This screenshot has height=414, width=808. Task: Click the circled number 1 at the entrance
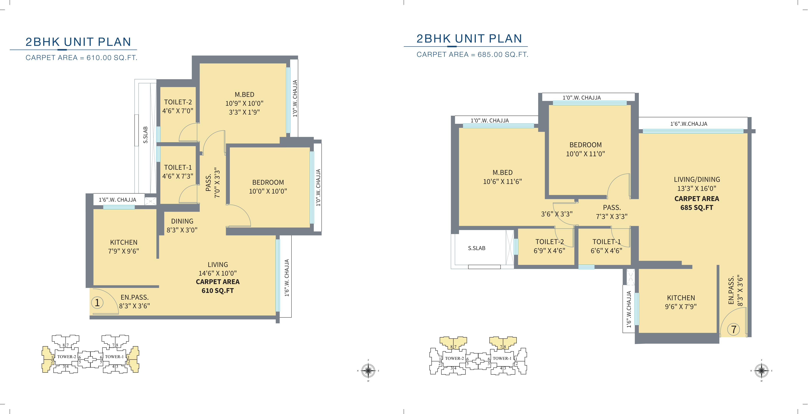tap(97, 303)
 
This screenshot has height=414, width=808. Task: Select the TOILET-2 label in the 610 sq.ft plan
tap(178, 102)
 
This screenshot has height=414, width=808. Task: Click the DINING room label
tap(182, 221)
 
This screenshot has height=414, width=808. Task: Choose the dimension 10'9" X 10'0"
tap(244, 103)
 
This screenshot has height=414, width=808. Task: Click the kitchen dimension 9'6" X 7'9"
tap(681, 307)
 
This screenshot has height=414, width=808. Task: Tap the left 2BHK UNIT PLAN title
tap(78, 42)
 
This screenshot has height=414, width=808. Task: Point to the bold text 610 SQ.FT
tap(218, 291)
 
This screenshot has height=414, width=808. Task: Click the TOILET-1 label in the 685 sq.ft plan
tap(607, 242)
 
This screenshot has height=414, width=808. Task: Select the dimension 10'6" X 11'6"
tap(503, 181)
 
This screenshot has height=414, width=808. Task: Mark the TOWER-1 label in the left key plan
tap(114, 357)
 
